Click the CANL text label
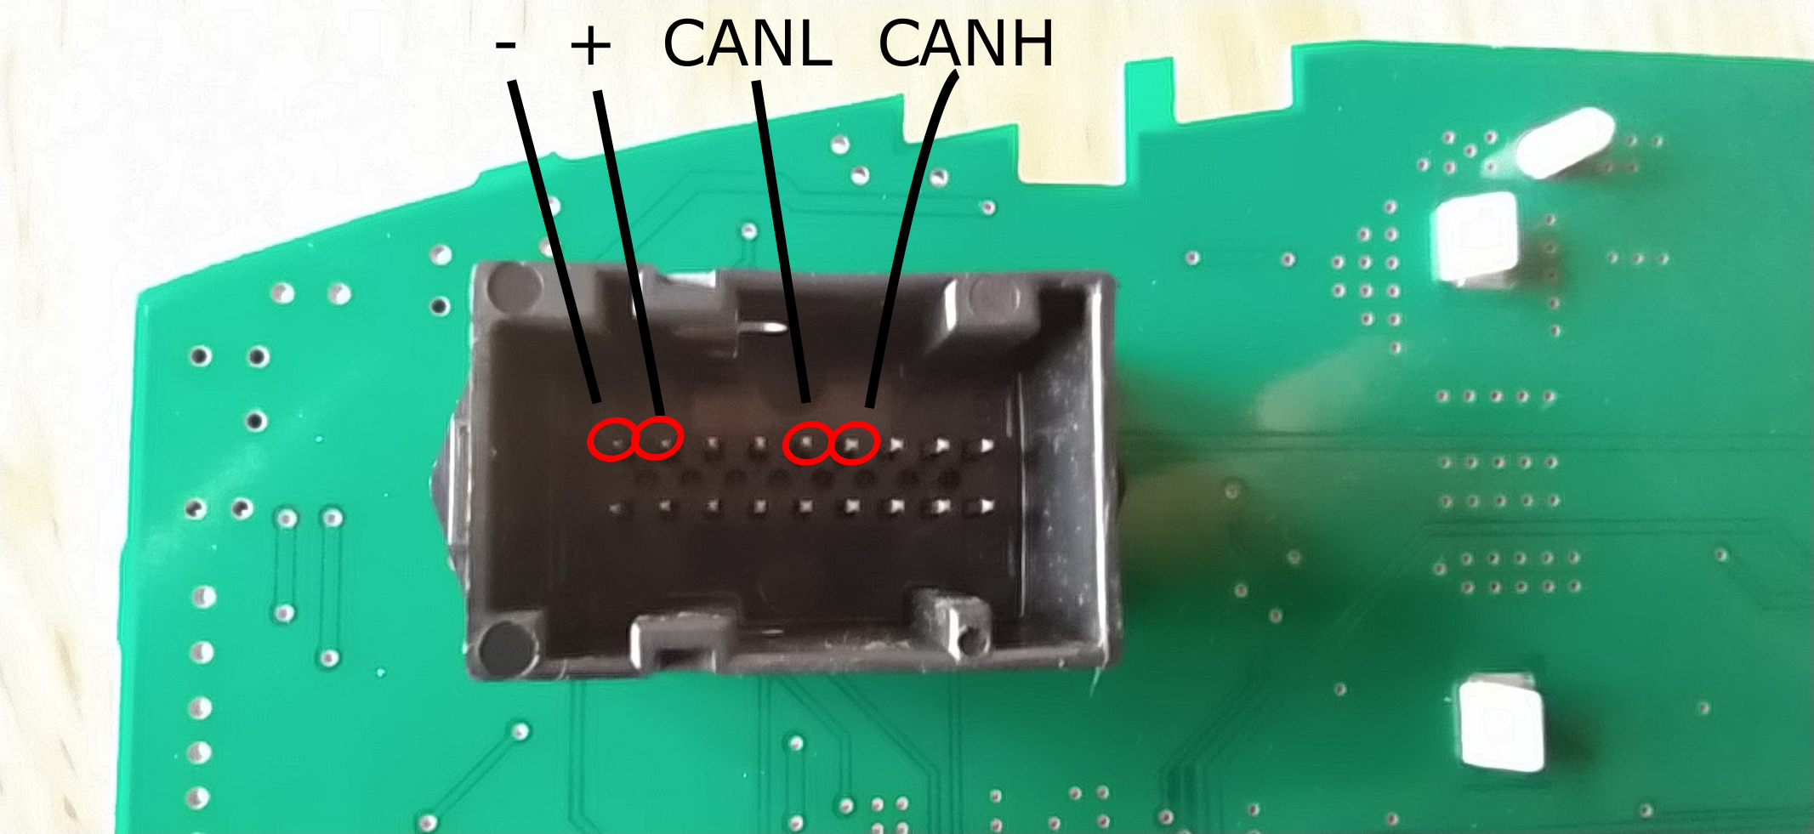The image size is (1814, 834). coord(746,44)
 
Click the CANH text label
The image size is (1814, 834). coord(965,44)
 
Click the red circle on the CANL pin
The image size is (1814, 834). coord(806,443)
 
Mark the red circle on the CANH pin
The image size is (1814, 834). coord(853,443)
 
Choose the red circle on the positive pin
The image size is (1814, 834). coord(660,437)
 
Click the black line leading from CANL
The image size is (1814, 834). coord(781,238)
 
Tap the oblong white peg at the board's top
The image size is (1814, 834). coord(1563,143)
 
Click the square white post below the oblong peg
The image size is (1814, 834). coord(1476,238)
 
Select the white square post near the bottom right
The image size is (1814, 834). coord(1501,723)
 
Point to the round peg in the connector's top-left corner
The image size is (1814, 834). coord(514,287)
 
